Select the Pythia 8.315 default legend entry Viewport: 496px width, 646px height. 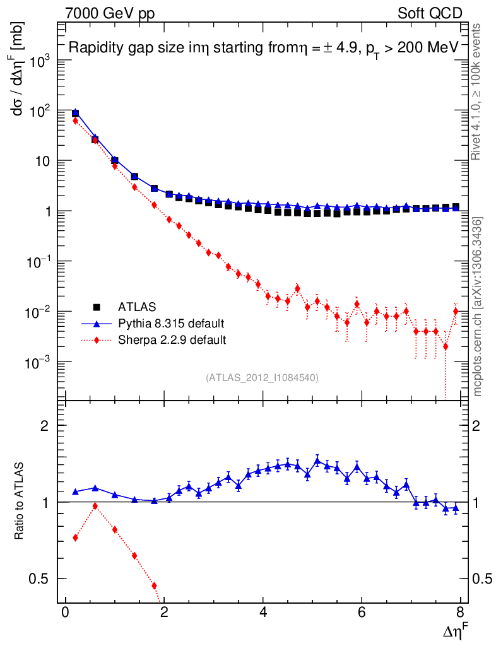[x=170, y=324]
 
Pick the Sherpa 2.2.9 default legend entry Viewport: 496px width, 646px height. [x=172, y=340]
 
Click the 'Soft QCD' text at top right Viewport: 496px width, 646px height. [x=430, y=13]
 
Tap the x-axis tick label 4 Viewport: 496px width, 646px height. [x=263, y=614]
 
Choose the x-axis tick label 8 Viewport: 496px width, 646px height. [x=461, y=614]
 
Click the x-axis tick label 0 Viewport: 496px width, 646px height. [x=65, y=614]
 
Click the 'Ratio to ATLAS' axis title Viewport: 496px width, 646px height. [x=20, y=502]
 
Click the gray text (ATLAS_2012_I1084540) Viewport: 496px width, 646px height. [x=262, y=378]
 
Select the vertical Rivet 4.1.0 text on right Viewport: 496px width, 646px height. [x=477, y=91]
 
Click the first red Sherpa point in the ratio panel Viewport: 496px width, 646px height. [x=75, y=537]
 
